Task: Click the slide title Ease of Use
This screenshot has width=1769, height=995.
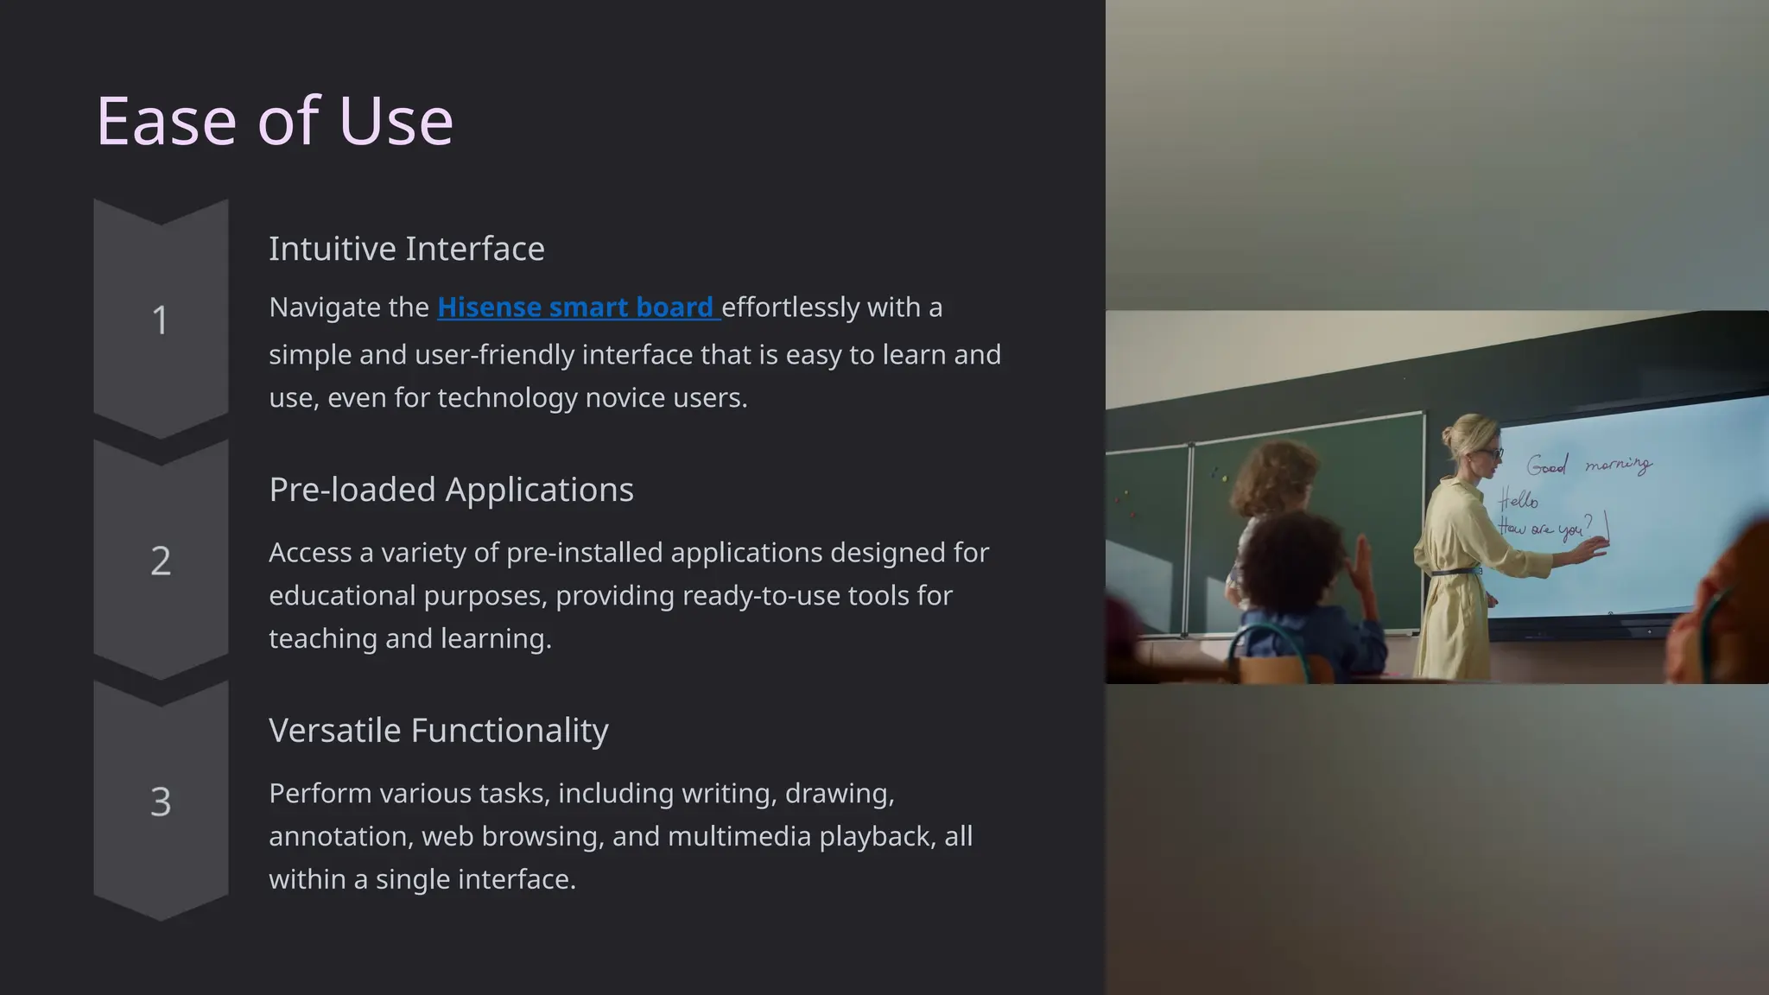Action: click(275, 121)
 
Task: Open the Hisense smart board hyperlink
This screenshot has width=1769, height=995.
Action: click(575, 307)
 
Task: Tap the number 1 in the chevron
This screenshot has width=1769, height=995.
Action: click(160, 320)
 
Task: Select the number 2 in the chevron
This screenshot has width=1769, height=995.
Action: click(161, 561)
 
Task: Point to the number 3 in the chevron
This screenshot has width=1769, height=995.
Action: click(161, 802)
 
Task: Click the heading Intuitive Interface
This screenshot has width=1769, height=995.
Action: click(406, 249)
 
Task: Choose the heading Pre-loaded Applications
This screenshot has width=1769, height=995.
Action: click(451, 490)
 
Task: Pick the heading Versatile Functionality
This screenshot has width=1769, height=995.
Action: click(438, 731)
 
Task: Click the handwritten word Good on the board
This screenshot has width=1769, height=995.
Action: click(1546, 466)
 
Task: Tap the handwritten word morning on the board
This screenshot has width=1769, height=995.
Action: click(1618, 465)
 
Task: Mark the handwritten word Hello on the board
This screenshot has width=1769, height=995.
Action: click(1519, 499)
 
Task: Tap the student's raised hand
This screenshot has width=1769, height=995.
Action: click(1362, 562)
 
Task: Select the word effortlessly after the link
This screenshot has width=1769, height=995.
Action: click(790, 307)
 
